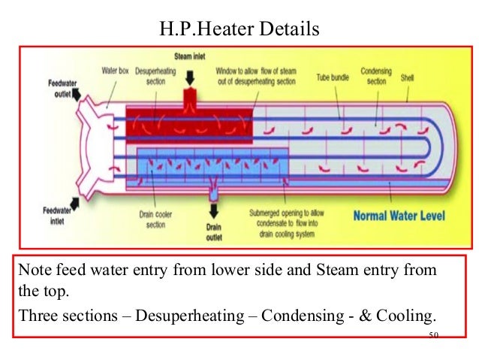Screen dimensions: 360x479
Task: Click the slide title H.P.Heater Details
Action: click(239, 29)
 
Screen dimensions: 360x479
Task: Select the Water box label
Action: click(115, 71)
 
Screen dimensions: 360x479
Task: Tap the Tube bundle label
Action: click(331, 77)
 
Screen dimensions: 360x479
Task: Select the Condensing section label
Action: click(375, 76)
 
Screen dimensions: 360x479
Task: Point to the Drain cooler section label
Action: click(156, 219)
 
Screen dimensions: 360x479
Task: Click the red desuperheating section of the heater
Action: click(188, 120)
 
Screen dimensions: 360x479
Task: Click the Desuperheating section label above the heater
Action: click(155, 76)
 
